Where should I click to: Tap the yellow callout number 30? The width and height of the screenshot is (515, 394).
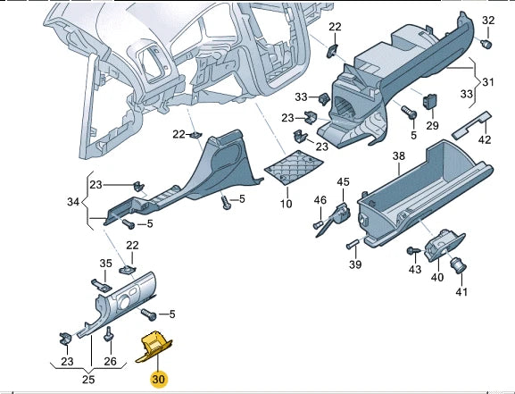[x=159, y=380]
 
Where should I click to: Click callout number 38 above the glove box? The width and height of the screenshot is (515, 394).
[x=398, y=156]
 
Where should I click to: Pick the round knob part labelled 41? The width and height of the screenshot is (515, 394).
[x=459, y=264]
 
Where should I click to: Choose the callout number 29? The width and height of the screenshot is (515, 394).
[x=432, y=124]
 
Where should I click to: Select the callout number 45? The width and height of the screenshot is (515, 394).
[x=344, y=182]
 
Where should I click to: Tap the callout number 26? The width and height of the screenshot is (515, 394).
[x=111, y=361]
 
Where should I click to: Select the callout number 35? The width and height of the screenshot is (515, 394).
[x=106, y=264]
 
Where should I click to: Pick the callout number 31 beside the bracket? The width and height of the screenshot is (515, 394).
[x=487, y=82]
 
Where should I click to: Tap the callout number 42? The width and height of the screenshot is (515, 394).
[x=484, y=138]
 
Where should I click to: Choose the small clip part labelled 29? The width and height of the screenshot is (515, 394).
[x=431, y=102]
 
